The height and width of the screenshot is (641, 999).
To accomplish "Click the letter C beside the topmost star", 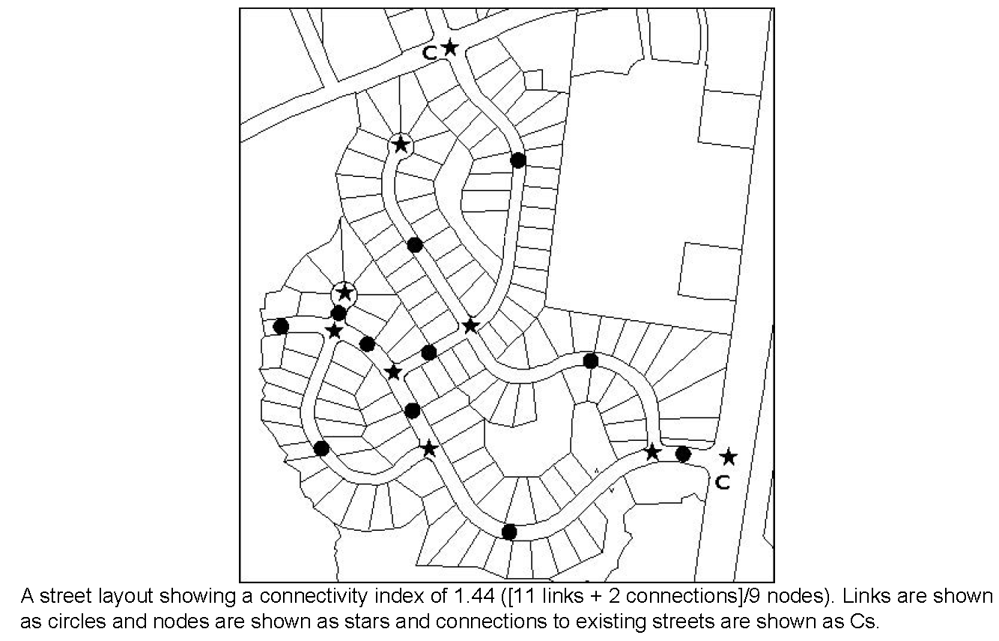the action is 430,53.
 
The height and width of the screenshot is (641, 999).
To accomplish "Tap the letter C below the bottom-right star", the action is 723,483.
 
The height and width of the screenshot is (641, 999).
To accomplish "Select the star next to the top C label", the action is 450,47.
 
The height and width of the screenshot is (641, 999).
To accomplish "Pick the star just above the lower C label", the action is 729,457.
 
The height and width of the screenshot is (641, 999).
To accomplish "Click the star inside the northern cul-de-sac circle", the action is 401,144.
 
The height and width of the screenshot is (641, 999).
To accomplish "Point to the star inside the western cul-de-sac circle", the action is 344,293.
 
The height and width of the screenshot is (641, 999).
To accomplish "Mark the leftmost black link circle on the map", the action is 281,326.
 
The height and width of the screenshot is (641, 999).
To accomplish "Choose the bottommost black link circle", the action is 509,532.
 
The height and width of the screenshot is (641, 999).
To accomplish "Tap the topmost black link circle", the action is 517,160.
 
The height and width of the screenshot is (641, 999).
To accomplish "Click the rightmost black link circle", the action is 683,454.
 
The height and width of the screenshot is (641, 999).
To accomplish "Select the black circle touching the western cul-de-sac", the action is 338,313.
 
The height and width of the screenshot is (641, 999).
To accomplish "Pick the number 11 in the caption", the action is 521,595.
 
